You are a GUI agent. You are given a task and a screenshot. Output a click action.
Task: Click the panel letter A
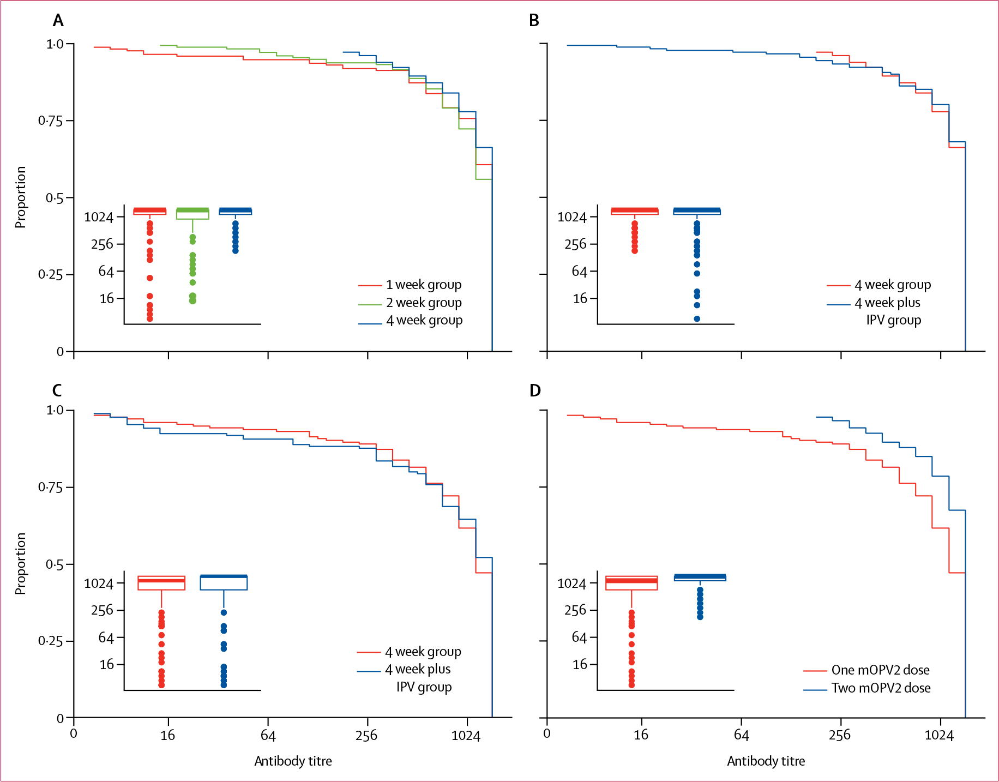(58, 21)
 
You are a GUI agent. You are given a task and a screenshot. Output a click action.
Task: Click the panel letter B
(534, 21)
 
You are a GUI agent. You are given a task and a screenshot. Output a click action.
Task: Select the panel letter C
(57, 390)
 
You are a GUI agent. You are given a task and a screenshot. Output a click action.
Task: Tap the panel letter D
(535, 390)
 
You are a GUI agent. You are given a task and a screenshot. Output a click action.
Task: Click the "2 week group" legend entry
(424, 303)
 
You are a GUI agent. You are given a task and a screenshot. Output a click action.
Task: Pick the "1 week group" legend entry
(424, 285)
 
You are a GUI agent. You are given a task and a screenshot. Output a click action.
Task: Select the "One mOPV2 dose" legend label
(880, 670)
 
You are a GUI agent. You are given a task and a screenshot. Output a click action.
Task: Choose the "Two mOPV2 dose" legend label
(881, 688)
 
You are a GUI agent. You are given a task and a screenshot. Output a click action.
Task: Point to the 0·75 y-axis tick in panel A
(50, 121)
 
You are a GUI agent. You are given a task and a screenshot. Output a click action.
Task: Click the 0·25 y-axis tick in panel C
(50, 641)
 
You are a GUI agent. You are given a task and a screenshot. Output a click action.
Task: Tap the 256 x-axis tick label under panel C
(366, 736)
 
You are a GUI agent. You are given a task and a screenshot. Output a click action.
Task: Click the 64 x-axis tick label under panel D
(741, 736)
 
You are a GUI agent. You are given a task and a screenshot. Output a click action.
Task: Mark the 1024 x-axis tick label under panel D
(939, 736)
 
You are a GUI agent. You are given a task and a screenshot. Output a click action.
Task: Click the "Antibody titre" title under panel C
(293, 761)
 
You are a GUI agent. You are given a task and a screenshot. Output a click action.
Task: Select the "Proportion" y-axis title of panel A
(20, 197)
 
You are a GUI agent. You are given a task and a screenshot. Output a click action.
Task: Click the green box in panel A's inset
(192, 214)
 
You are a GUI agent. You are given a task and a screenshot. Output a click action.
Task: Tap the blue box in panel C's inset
(224, 582)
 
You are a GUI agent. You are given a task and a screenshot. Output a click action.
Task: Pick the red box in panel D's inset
(631, 583)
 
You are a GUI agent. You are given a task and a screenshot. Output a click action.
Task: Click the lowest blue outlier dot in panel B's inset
(697, 319)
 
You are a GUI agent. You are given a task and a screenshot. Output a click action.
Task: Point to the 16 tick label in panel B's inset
(580, 298)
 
